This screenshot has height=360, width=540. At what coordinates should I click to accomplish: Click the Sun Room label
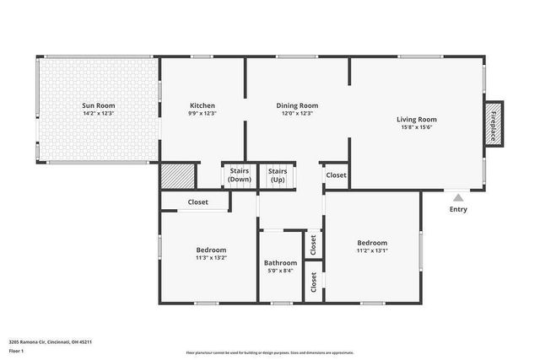pos(98,105)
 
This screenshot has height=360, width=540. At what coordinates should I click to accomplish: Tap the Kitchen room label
pos(202,105)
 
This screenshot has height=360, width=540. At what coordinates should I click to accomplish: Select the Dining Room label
pos(297,105)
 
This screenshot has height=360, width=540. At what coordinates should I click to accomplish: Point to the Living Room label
pos(417,119)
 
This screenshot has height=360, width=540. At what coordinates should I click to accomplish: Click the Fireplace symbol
pos(493,126)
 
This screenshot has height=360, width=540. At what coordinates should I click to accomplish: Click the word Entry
pos(458,209)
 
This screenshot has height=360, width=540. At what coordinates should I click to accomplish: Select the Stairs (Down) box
pos(240,175)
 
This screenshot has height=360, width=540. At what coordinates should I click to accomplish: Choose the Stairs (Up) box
pos(278,175)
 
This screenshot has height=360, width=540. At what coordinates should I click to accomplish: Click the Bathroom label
pos(280,262)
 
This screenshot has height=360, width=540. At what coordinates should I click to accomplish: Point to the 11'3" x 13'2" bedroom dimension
pos(211,258)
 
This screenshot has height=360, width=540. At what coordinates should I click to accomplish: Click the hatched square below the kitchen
pos(177,177)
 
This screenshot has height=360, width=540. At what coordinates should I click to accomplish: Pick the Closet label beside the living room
pos(336,175)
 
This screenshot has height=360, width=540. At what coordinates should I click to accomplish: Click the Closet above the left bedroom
pos(198,202)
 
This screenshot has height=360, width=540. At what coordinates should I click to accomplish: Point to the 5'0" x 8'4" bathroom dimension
pos(280,271)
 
